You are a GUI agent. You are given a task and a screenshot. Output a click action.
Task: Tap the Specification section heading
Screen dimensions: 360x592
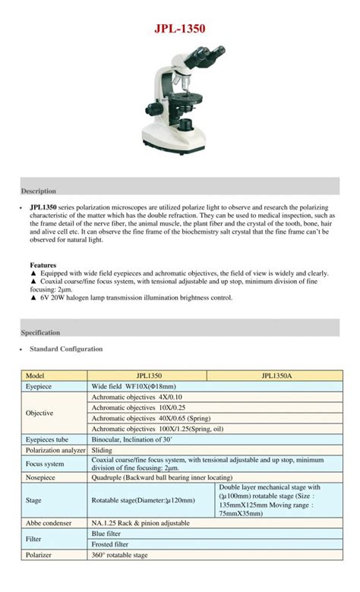coord(40,332)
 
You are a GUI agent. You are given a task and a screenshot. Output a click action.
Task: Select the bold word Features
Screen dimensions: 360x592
coord(43,265)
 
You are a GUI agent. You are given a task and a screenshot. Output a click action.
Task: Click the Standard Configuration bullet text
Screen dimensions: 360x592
coord(65,349)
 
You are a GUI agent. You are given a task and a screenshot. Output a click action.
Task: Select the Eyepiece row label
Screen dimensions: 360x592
coord(39,386)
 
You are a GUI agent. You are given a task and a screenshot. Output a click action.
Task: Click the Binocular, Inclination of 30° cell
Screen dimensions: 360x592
coord(132,439)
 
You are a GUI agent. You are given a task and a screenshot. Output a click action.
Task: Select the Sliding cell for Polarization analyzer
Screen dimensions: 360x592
coord(102,450)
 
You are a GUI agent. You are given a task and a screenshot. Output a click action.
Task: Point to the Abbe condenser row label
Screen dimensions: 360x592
coord(48,523)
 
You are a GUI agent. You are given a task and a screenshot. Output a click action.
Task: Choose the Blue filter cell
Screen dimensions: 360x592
coord(106,534)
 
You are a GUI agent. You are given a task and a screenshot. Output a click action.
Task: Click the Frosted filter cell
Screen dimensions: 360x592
coord(110,544)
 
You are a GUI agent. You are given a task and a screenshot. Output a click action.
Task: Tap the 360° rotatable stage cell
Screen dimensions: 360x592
coord(119,555)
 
